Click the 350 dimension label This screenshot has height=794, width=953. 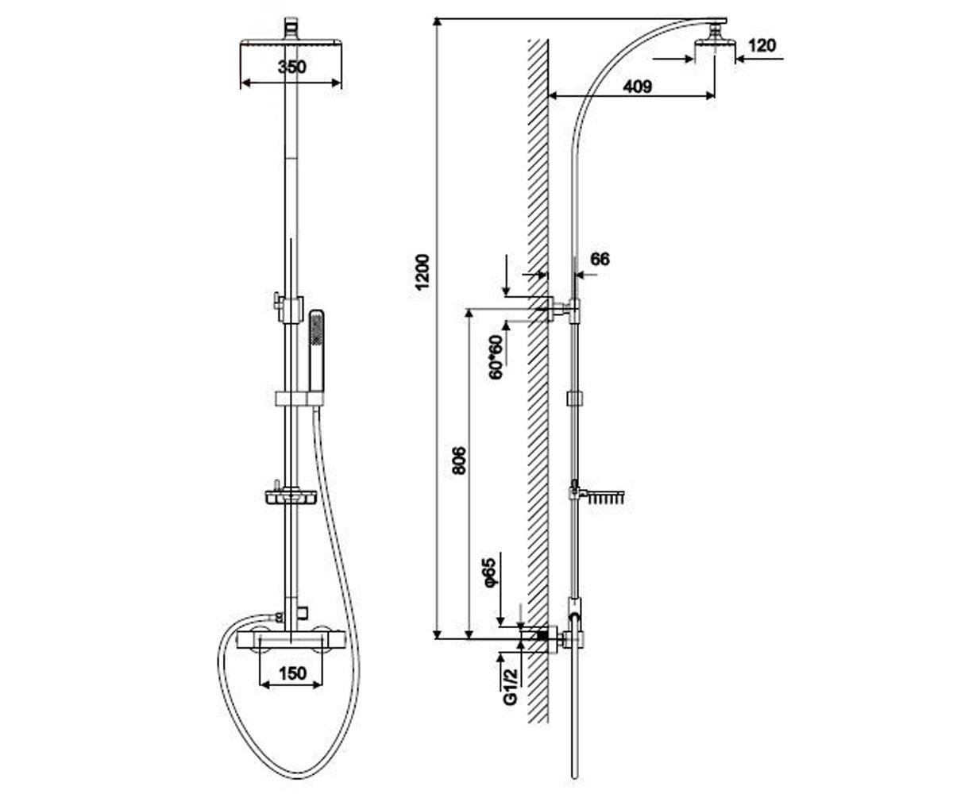291,67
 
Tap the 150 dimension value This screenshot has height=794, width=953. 292,673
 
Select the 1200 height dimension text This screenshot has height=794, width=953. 422,272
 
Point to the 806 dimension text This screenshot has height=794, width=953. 459,461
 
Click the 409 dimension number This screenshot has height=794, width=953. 638,87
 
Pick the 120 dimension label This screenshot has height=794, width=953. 762,45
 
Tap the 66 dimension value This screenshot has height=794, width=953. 600,259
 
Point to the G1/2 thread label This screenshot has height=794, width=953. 511,686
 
